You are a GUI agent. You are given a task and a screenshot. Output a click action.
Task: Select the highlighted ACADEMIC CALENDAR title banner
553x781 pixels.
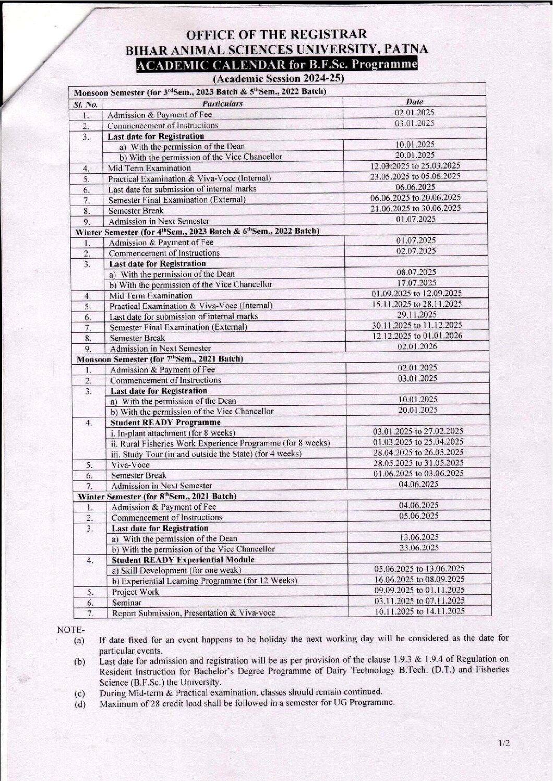click(x=276, y=65)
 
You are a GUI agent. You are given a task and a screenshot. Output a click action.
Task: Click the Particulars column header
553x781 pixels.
click(x=223, y=103)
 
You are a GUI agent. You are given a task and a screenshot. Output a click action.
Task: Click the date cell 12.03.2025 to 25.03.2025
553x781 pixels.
click(x=415, y=166)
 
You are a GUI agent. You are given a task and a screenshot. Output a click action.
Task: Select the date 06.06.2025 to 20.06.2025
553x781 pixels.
click(x=415, y=198)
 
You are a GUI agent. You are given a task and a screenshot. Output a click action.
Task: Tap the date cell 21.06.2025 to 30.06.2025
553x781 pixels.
click(x=416, y=208)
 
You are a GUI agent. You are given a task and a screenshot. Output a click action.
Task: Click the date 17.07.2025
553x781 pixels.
click(x=416, y=283)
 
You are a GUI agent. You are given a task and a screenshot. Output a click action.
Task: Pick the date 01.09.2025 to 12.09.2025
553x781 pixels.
click(x=416, y=293)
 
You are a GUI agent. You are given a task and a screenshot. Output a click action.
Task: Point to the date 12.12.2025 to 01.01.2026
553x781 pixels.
click(x=417, y=335)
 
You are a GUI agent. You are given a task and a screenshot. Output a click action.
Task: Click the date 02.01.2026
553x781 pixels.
click(x=417, y=346)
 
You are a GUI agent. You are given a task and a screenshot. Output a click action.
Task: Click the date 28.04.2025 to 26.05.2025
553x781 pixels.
click(x=418, y=452)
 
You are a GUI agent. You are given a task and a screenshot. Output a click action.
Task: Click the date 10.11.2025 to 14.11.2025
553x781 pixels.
click(x=420, y=611)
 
